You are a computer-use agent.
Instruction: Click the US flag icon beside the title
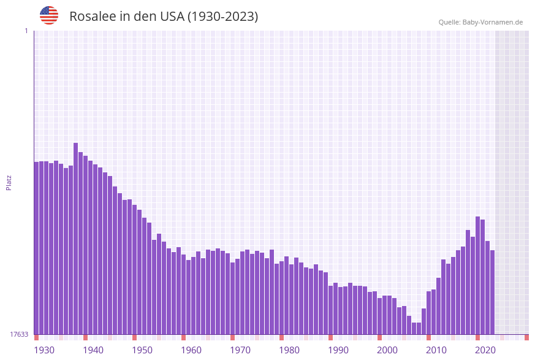[x=49, y=15]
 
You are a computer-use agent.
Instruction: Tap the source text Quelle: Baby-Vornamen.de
[x=480, y=22]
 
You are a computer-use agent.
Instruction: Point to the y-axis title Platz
[x=9, y=182]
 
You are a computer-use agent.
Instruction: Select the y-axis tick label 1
[x=26, y=31]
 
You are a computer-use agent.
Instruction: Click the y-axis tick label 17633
[x=20, y=334]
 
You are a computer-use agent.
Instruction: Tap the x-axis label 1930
[x=44, y=350]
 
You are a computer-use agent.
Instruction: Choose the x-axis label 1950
[x=142, y=350]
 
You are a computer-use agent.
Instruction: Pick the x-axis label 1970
[x=240, y=350]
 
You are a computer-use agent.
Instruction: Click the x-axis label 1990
[x=338, y=350]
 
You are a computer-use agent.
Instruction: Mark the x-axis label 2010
[x=436, y=350]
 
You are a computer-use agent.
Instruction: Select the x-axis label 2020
[x=485, y=350]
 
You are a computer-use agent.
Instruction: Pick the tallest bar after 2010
[x=478, y=276]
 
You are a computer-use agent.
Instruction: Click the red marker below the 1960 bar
[x=183, y=337]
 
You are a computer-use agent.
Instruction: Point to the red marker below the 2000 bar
[x=379, y=337]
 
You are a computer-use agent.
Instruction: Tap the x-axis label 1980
[x=289, y=350]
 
